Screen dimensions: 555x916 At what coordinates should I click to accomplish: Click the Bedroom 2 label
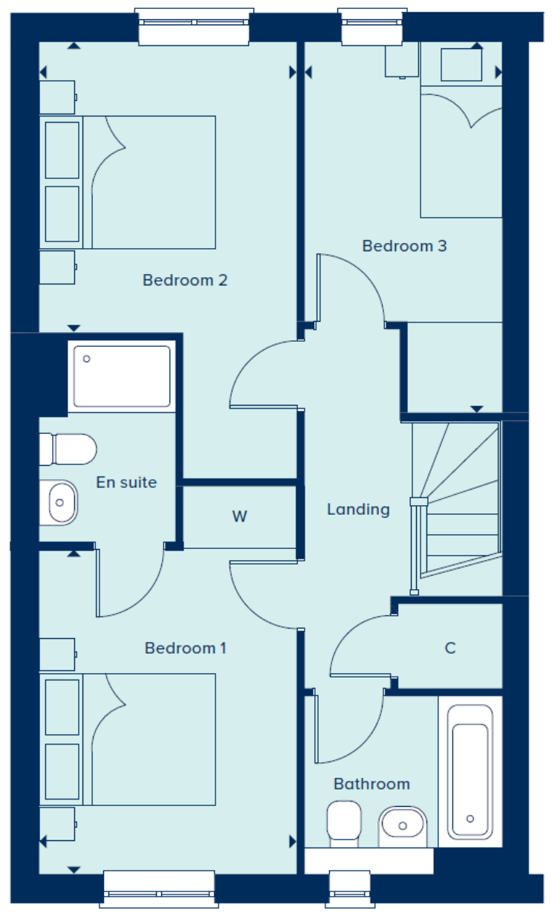(x=185, y=280)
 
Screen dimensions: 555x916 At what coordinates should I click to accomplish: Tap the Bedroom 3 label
(x=404, y=246)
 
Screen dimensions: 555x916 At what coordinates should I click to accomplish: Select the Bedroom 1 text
(x=185, y=648)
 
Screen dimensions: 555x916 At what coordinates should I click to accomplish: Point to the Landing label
(x=358, y=510)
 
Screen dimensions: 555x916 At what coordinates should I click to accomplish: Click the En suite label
(x=126, y=483)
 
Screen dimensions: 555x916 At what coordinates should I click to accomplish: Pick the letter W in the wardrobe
(x=240, y=516)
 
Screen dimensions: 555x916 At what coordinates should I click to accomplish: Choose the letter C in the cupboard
(x=450, y=648)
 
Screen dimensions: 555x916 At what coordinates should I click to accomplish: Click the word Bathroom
(x=371, y=784)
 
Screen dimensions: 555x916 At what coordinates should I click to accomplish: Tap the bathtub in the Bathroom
(x=470, y=772)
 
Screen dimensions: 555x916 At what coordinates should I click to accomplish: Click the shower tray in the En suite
(x=122, y=376)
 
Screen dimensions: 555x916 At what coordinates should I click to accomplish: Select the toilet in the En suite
(x=68, y=449)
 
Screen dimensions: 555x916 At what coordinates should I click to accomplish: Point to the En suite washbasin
(x=59, y=502)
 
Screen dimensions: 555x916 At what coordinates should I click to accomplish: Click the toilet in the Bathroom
(x=344, y=823)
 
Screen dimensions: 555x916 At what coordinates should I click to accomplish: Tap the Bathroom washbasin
(x=403, y=826)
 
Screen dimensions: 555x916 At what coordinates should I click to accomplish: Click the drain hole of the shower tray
(x=86, y=359)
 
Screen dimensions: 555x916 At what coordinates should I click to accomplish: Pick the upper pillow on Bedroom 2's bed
(x=62, y=150)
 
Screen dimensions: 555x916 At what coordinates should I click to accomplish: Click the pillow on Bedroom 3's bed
(x=461, y=65)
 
